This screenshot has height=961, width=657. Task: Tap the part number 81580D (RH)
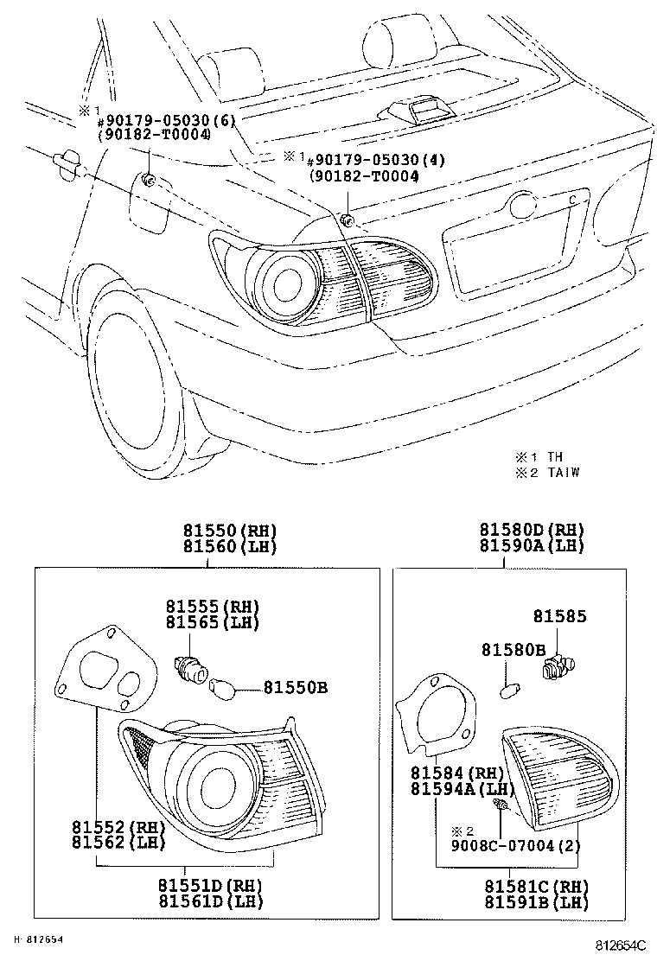point(532,531)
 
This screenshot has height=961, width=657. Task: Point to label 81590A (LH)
point(532,545)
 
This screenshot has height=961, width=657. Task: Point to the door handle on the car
point(66,161)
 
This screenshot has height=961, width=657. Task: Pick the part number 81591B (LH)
point(535,902)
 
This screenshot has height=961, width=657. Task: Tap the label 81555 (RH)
point(213,606)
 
